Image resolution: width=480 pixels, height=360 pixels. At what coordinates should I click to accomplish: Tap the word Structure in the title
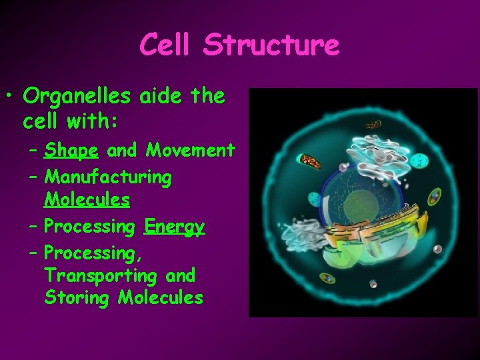[x=271, y=45]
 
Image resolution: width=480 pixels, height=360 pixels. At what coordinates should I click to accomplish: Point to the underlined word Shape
[x=71, y=151]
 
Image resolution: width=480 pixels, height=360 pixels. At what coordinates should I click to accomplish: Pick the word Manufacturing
[x=107, y=177]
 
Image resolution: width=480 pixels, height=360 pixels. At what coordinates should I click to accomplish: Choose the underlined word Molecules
[x=87, y=199]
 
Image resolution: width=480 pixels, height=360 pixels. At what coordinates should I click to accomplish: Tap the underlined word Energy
[x=174, y=227]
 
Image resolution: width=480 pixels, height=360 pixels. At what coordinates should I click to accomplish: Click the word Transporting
[x=107, y=275]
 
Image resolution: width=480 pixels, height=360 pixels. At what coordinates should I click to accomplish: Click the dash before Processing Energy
[x=33, y=227]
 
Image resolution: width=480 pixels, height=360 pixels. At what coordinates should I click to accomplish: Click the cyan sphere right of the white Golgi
[x=419, y=161]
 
